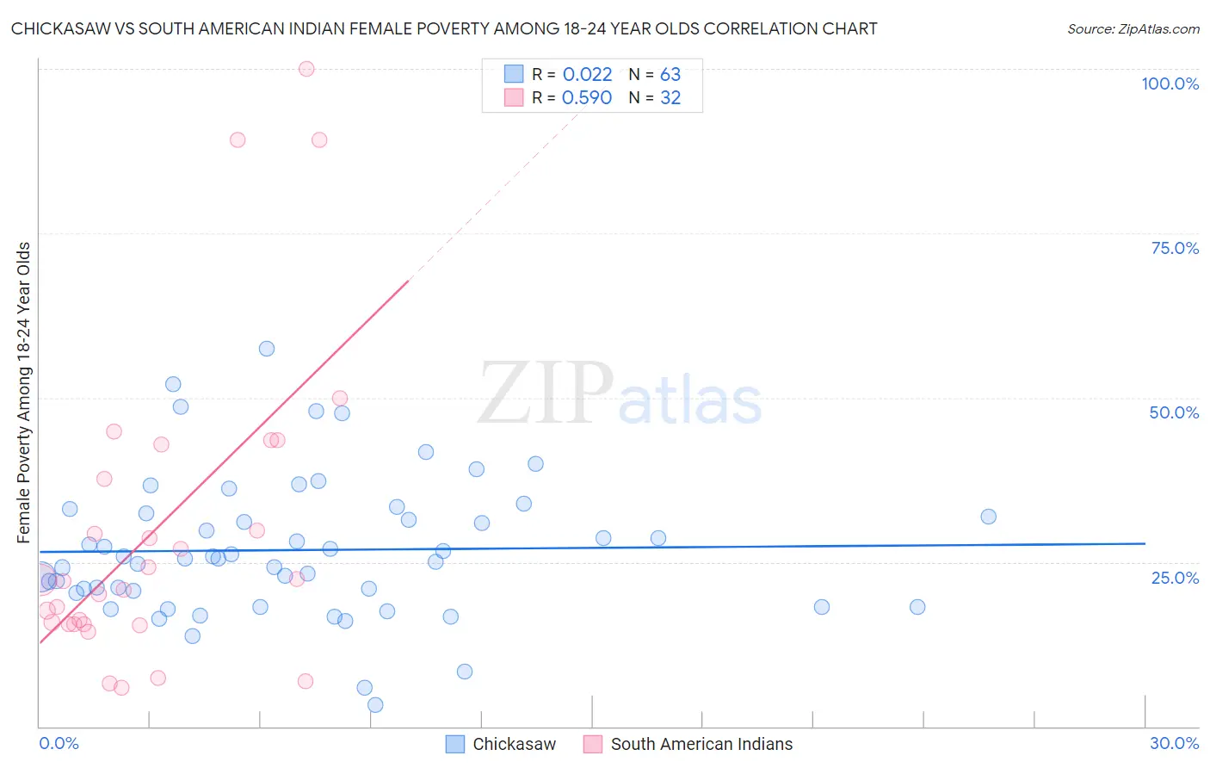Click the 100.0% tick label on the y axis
(x=1170, y=84)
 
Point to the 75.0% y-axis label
(x=1175, y=248)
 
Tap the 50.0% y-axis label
(x=1174, y=412)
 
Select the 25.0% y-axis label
(x=1175, y=578)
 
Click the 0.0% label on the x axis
(x=59, y=743)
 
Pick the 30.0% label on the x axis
(x=1174, y=743)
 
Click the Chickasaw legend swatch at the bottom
(x=455, y=744)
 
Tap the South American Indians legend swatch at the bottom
(x=593, y=744)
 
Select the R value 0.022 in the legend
(x=587, y=75)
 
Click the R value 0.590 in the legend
(x=587, y=98)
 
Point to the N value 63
(x=670, y=75)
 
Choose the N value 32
(x=670, y=98)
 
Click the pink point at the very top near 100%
(x=306, y=69)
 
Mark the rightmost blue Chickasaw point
(x=988, y=517)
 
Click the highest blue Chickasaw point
(x=267, y=349)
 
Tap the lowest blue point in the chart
(x=375, y=705)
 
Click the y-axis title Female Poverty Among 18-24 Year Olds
(x=24, y=393)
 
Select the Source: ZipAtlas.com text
(x=1133, y=29)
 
